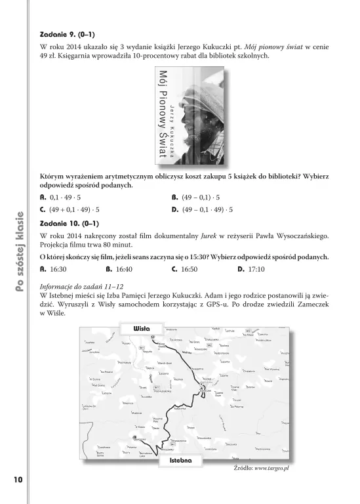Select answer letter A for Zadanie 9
coord(43,197)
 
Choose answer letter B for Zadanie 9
coord(174,197)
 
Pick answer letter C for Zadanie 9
coord(43,210)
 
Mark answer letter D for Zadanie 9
coord(174,210)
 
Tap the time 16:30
coord(58,269)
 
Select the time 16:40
coord(124,269)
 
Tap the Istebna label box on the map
coord(180,461)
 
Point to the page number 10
coord(17,480)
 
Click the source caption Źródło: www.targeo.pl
coord(262,469)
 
